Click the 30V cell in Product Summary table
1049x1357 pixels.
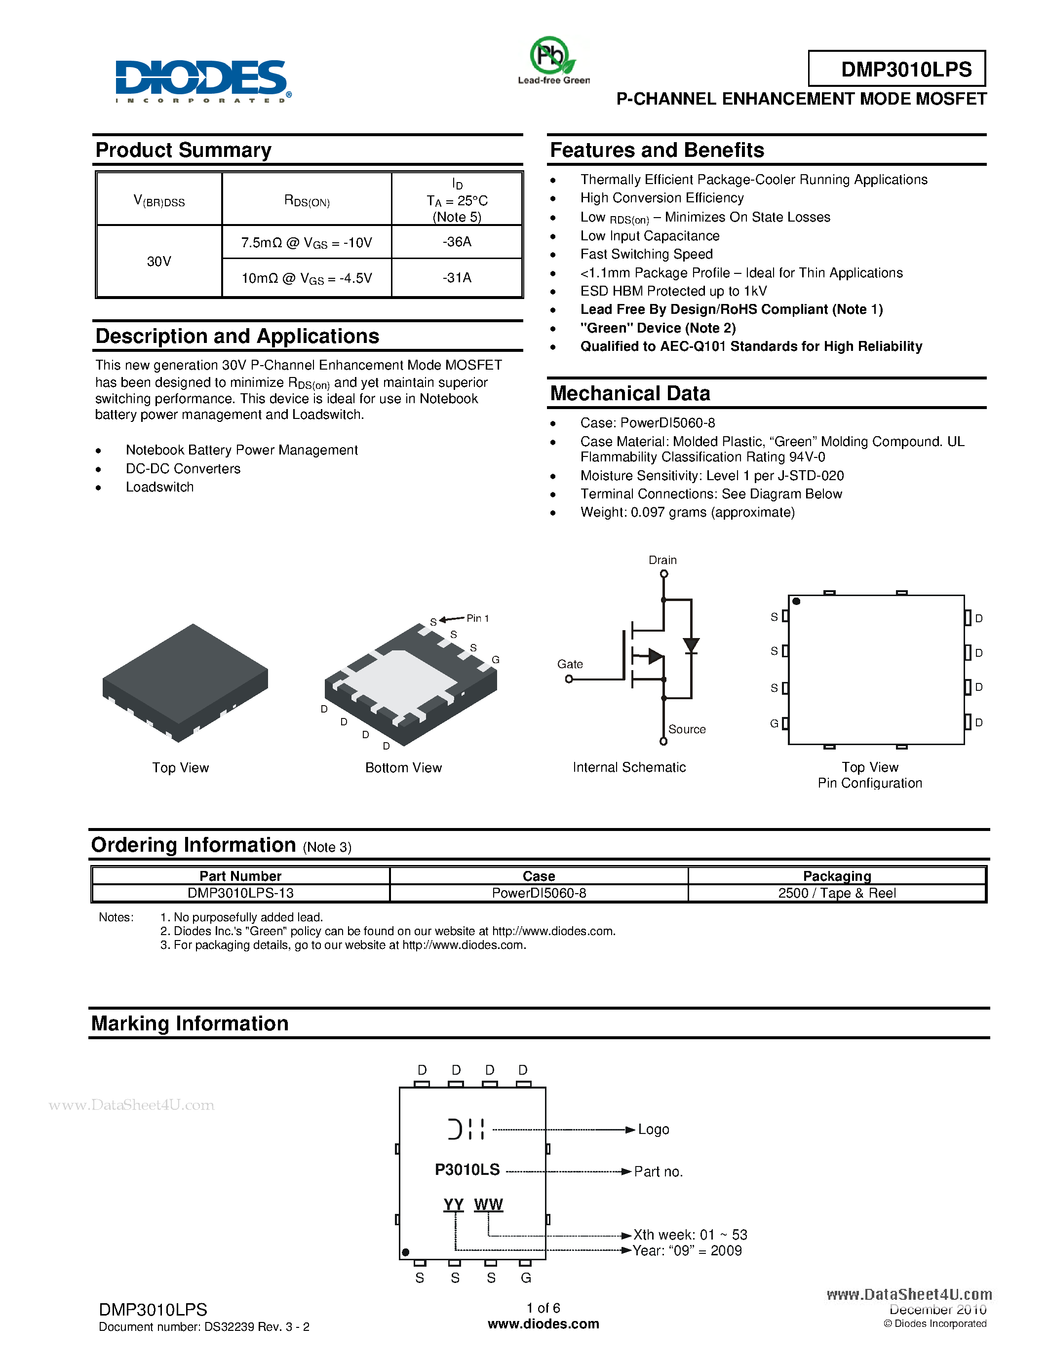coord(159,262)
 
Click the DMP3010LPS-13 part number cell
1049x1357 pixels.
coord(240,893)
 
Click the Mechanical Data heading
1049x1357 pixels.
coord(629,393)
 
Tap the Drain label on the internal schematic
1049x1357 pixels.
coord(662,560)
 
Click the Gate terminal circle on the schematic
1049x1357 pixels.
coord(569,679)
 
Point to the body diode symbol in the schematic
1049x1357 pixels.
coord(691,645)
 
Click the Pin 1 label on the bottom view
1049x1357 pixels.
coord(477,618)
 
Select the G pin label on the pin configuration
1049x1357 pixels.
coord(774,723)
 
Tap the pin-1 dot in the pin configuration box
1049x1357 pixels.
coord(796,602)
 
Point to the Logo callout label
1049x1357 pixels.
coord(653,1130)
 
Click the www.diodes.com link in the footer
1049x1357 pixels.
coord(543,1324)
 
